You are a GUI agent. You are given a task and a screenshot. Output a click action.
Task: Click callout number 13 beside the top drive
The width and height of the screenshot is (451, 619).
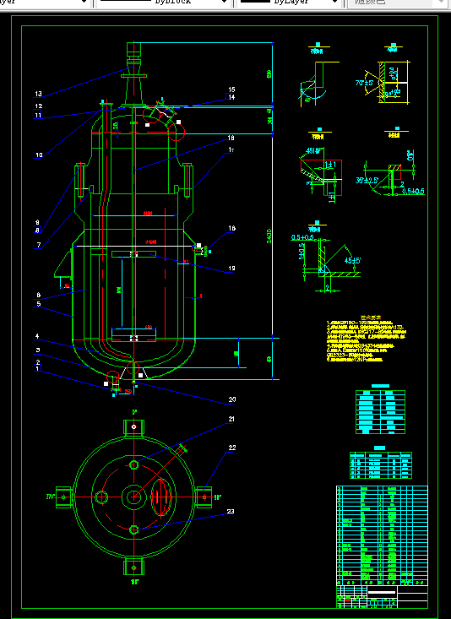click(38, 94)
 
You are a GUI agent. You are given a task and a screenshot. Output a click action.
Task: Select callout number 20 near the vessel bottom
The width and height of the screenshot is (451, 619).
click(232, 399)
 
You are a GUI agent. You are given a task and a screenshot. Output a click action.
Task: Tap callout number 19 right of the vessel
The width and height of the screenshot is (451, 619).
click(231, 269)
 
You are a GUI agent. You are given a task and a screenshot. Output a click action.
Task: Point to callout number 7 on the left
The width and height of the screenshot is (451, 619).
click(39, 246)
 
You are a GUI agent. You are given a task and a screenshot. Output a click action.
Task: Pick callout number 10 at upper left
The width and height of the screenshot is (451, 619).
click(39, 155)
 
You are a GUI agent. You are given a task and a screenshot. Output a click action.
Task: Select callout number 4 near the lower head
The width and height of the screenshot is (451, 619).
click(37, 336)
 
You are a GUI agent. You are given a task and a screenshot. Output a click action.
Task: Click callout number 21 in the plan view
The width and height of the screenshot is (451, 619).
click(231, 419)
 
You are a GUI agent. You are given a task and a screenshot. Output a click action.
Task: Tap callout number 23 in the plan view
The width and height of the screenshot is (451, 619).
click(231, 511)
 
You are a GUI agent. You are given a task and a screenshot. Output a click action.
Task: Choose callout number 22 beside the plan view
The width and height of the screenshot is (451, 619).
click(231, 448)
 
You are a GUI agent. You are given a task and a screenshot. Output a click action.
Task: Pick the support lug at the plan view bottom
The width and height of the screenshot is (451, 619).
click(134, 565)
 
